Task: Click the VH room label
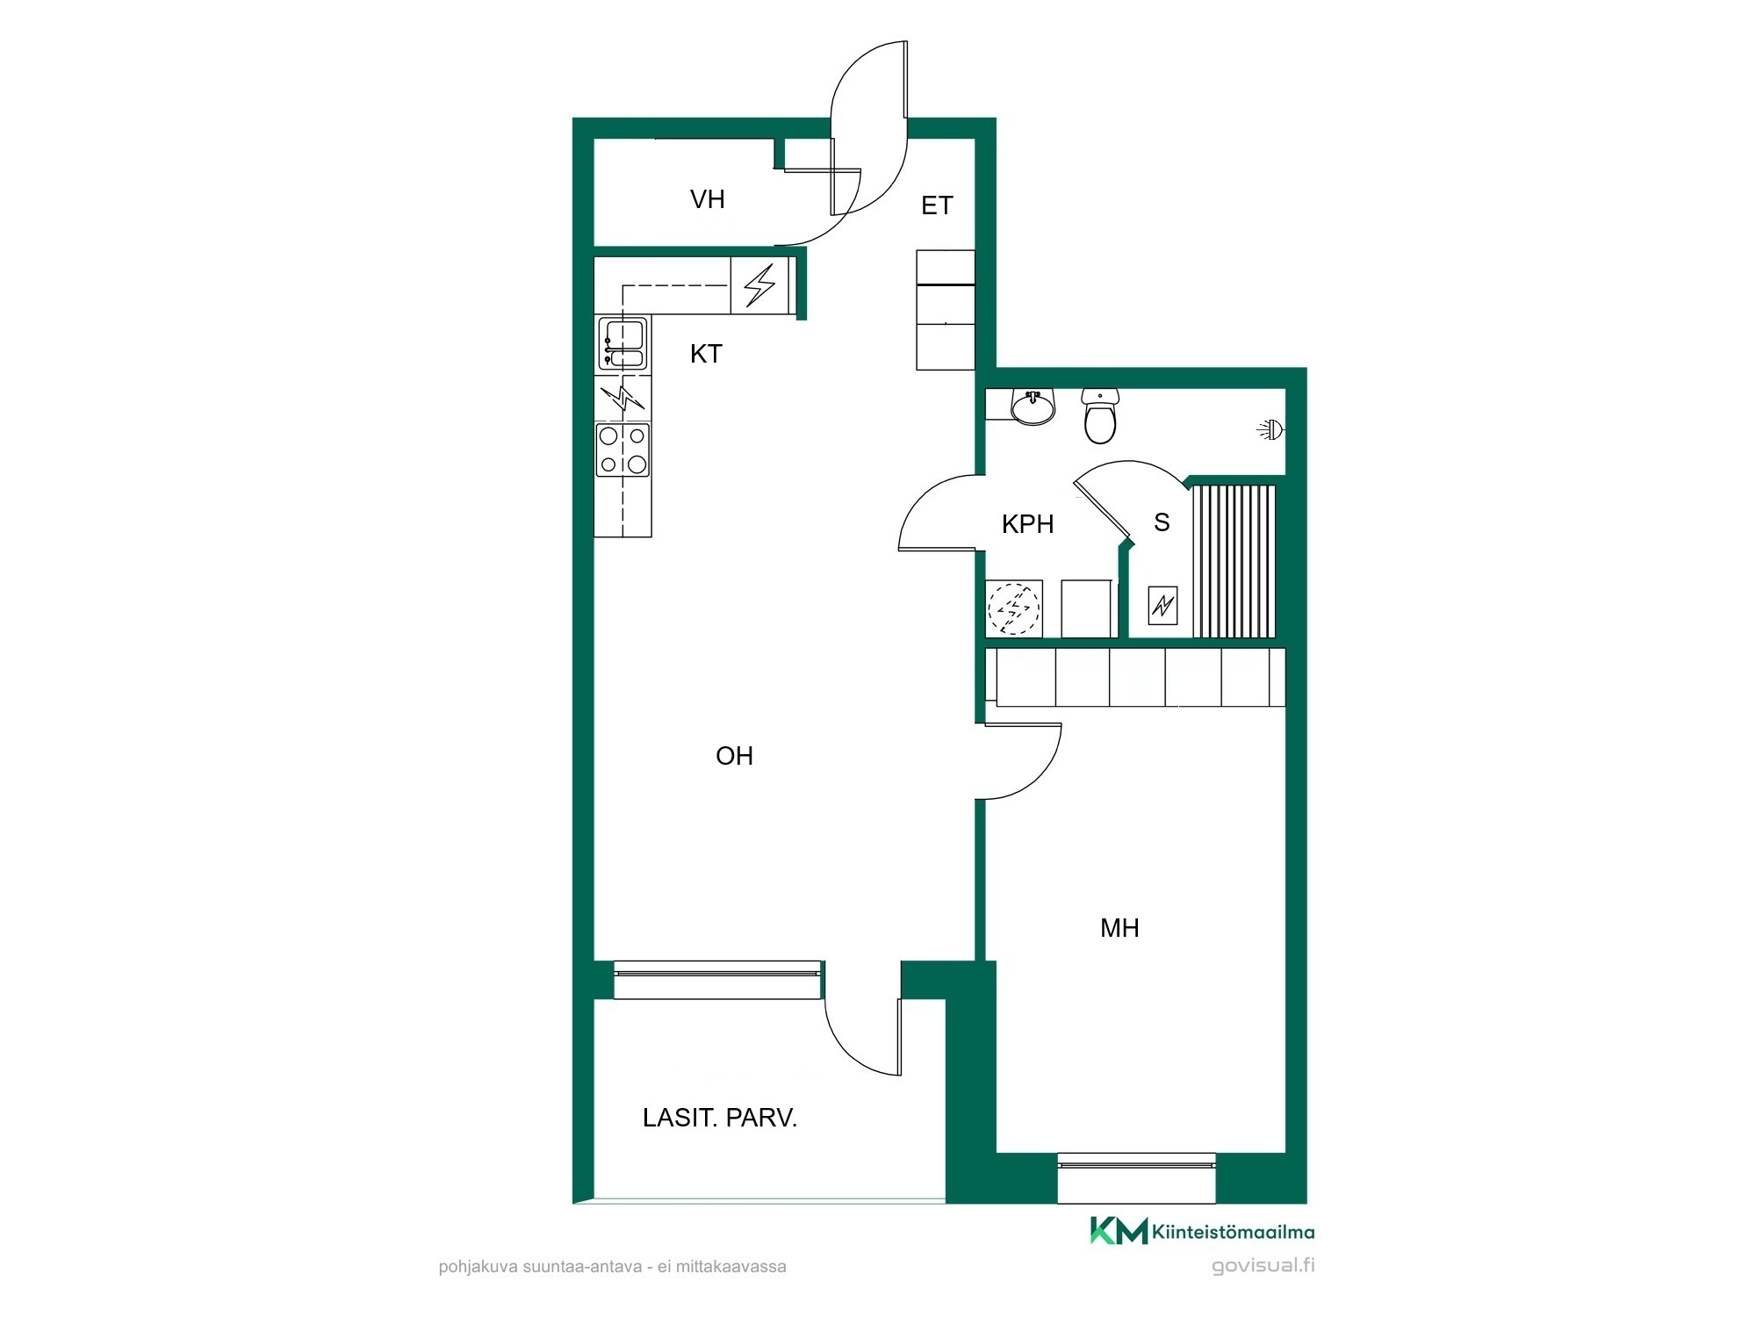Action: (708, 199)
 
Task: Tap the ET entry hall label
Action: (937, 205)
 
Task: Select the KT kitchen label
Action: (706, 354)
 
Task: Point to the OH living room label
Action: (735, 756)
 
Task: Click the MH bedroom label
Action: (1119, 928)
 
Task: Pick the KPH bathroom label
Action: (1027, 524)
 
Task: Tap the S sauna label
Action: (1162, 522)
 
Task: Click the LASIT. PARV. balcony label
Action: (720, 1118)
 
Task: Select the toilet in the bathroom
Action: (1100, 416)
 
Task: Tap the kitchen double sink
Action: (623, 343)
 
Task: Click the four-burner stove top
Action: (623, 450)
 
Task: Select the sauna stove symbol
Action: (1163, 605)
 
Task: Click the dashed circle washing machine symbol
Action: (1014, 608)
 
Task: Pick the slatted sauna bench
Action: (1234, 561)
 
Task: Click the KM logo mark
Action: (1119, 1230)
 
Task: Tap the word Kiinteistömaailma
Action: (1234, 1232)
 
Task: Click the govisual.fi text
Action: (1263, 1266)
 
